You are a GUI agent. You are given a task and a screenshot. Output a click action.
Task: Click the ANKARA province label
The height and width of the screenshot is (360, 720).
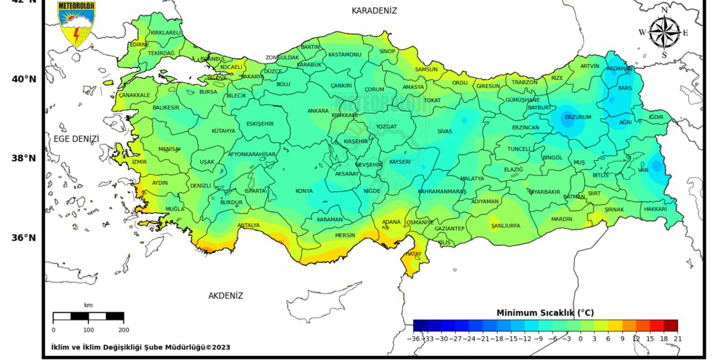[318, 111]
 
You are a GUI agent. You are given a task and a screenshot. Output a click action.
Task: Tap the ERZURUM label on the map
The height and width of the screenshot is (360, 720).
[578, 117]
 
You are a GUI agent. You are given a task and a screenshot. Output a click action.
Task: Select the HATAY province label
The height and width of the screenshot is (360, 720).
[412, 254]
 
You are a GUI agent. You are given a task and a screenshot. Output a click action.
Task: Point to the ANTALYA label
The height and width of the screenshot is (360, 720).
[249, 226]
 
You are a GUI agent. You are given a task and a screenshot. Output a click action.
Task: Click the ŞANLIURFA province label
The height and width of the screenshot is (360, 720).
[506, 226]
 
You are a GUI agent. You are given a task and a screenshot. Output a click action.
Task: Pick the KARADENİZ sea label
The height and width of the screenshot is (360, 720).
[374, 11]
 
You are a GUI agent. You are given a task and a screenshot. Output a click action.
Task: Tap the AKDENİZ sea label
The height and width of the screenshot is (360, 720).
[226, 295]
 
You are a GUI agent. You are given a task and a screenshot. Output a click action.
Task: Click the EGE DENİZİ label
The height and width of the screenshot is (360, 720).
[76, 138]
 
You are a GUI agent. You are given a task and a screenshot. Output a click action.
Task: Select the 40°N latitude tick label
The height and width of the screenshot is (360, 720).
[24, 79]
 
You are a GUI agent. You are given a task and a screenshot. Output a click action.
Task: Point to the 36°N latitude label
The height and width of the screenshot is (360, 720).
[24, 237]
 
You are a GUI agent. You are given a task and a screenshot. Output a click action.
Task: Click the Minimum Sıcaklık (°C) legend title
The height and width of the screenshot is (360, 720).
[545, 313]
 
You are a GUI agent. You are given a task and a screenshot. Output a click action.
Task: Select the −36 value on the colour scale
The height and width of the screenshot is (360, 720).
[414, 339]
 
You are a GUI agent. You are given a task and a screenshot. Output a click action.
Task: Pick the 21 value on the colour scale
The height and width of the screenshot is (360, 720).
[677, 339]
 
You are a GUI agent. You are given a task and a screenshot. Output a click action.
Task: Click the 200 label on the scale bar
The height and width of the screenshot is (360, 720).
[124, 330]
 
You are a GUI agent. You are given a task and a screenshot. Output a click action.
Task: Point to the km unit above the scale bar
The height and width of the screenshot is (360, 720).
[88, 305]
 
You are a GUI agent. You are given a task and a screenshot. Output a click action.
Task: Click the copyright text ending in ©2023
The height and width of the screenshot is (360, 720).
[140, 347]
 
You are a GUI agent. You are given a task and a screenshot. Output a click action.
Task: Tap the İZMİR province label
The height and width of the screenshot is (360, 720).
[139, 161]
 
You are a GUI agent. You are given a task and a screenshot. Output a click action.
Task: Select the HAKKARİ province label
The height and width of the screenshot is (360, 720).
[655, 209]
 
